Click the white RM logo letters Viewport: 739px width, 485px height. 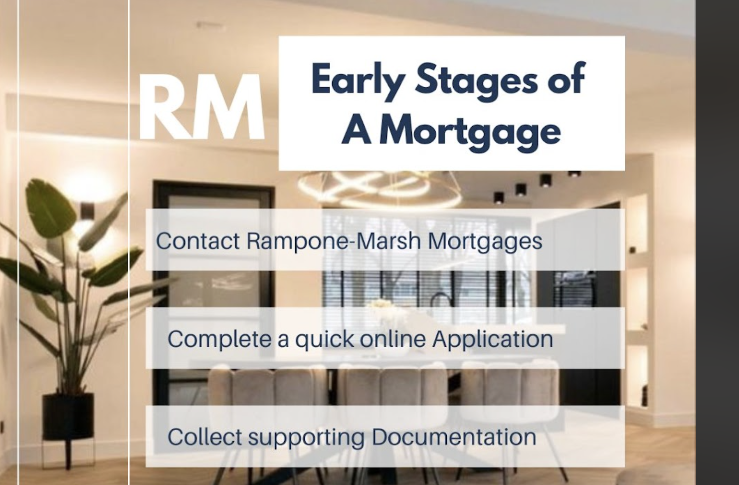[x=202, y=107]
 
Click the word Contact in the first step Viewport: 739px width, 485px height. [x=197, y=241]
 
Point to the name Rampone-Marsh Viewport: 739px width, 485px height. [x=334, y=241]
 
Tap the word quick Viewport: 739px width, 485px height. [x=324, y=340]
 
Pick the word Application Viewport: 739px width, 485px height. [x=493, y=340]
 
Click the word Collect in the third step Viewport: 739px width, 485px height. [x=205, y=437]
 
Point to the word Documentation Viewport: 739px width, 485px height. [x=454, y=437]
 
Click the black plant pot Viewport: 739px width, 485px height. [x=68, y=417]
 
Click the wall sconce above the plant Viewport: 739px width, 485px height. [x=88, y=210]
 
